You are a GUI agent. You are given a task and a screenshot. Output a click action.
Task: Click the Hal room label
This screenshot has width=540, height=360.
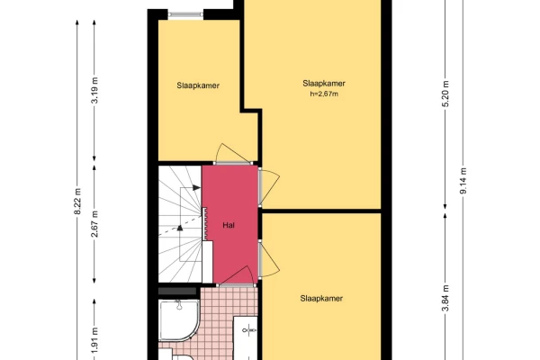tap(229, 225)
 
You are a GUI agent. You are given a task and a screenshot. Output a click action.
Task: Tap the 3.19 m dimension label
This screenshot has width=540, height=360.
tap(95, 90)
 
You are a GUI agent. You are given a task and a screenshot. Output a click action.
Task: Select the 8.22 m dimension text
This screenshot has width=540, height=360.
tap(77, 202)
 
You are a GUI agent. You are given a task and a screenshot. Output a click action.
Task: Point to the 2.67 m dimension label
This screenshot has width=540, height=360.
tap(95, 224)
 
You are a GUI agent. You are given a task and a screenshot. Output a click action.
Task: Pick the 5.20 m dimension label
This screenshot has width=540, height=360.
tap(445, 94)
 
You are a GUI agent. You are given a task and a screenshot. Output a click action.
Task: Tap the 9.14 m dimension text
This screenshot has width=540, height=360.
tap(463, 181)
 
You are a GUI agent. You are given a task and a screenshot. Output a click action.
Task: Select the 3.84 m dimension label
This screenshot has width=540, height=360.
tap(445, 298)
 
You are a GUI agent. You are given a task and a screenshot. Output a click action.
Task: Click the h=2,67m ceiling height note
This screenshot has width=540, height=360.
tap(324, 94)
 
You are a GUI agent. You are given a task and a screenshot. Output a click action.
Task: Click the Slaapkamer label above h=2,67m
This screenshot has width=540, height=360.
tap(324, 84)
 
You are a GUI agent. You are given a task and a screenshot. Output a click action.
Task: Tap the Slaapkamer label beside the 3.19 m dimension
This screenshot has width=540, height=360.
tap(198, 85)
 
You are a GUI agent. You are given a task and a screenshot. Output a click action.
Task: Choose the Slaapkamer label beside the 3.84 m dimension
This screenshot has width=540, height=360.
tap(321, 298)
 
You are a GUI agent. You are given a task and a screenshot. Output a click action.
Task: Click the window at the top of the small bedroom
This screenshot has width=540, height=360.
tap(185, 14)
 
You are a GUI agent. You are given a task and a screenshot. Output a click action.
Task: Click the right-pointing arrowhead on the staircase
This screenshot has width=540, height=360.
tap(196, 188)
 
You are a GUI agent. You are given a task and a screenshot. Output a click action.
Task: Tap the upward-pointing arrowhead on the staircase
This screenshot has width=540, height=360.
tap(179, 228)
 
